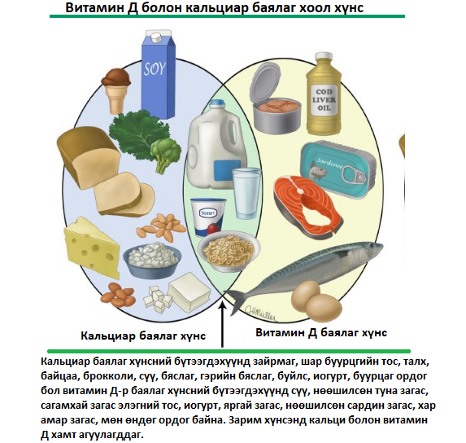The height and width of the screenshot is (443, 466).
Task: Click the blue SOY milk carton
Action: (158, 74)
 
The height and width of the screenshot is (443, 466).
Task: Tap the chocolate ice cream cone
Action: (116, 90)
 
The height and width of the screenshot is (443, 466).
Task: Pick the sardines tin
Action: (338, 167)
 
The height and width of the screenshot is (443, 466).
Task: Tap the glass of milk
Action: (246, 193)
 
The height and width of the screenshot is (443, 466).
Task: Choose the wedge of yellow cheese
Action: (92, 248)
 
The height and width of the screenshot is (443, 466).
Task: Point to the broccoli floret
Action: (165, 155)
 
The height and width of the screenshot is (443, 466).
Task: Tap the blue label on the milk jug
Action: (228, 170)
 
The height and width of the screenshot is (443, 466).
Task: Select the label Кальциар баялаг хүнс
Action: (143, 336)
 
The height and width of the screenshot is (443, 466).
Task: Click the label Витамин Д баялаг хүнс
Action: (321, 332)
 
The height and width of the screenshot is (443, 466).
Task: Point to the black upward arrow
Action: (223, 325)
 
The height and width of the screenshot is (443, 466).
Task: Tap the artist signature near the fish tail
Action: (260, 314)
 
